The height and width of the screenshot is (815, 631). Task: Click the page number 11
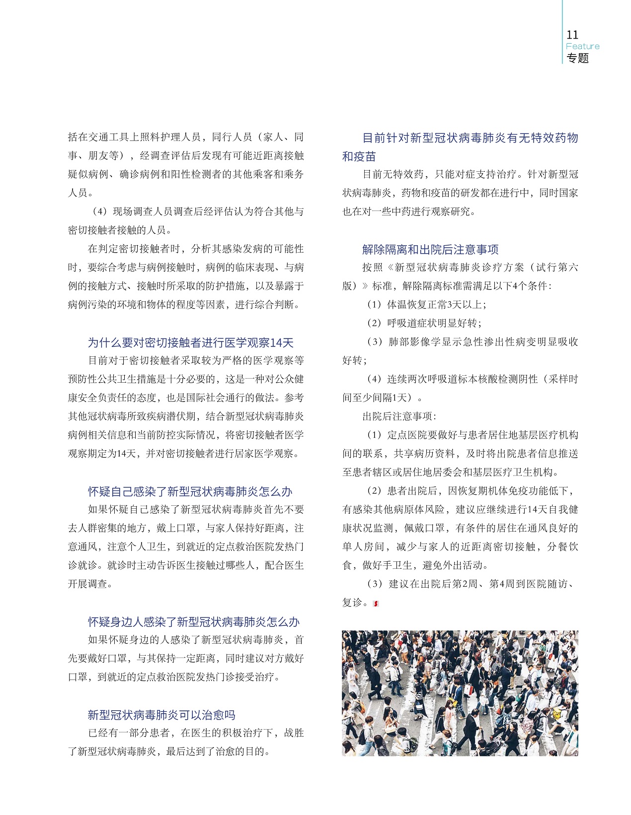(572, 35)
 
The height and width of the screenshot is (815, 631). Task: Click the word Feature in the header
(582, 46)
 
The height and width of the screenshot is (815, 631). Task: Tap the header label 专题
(577, 58)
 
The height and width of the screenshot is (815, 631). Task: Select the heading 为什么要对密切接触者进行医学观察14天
(191, 342)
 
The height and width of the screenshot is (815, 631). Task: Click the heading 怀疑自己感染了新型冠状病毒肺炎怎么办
(190, 491)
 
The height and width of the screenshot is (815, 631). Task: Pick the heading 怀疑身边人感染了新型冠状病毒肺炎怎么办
(194, 622)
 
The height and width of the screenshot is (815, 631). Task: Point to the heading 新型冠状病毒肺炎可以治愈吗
(161, 715)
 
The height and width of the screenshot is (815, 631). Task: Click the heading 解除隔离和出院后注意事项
(430, 249)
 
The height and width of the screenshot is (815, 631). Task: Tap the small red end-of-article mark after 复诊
(376, 604)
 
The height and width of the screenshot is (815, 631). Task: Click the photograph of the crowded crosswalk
(460, 693)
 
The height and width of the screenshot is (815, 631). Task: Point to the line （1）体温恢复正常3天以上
(427, 304)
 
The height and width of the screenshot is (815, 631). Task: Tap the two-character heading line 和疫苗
(359, 156)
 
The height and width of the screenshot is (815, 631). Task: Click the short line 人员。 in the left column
(80, 193)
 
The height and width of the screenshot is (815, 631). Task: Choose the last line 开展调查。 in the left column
(90, 584)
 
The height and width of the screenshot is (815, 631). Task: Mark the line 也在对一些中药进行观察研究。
(409, 211)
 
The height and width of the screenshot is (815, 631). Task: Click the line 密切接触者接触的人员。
(121, 230)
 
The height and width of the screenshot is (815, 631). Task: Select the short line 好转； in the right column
(355, 360)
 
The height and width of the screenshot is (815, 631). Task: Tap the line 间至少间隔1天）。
(383, 398)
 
